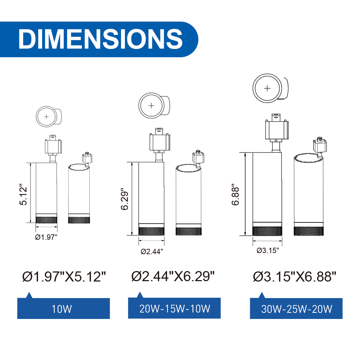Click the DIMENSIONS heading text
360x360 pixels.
(x=100, y=39)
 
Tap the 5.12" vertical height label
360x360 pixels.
(x=23, y=194)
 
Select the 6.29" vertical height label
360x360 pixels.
(x=125, y=199)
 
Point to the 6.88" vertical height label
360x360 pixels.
(x=235, y=194)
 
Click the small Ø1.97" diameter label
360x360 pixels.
(x=46, y=237)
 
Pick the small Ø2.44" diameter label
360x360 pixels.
(x=152, y=251)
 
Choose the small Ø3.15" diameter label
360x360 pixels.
(x=268, y=250)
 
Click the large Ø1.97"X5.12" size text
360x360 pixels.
(x=64, y=276)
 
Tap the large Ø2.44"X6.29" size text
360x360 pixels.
(x=173, y=276)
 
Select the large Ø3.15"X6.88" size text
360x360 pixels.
(x=294, y=276)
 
